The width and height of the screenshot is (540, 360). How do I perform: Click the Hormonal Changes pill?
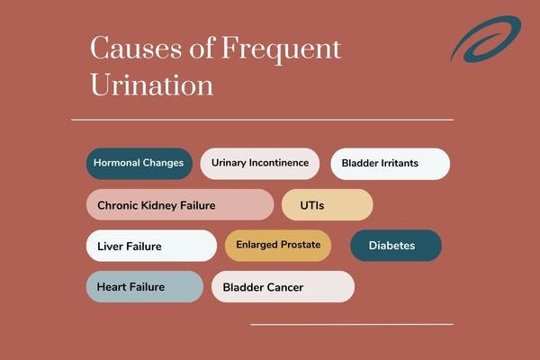point(139,163)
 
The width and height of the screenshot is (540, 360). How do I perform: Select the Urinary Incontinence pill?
point(260,163)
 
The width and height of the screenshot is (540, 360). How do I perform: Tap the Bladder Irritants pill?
point(391,164)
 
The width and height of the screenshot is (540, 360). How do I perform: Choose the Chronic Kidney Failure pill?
point(180,204)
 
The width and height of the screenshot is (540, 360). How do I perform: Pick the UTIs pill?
point(328,204)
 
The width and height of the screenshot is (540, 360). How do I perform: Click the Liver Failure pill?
point(151,246)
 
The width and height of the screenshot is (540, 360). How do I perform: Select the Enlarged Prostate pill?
point(278,246)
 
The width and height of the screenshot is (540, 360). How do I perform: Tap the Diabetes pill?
point(396,246)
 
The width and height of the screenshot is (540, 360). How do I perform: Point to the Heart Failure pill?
point(145,286)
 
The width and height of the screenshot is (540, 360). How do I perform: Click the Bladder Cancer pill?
point(283,286)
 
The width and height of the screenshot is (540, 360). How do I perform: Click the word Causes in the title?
point(136,49)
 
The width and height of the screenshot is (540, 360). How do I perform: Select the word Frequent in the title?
point(281,50)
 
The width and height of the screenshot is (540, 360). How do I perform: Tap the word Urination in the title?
point(152,85)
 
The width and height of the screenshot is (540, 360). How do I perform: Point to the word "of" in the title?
point(202,48)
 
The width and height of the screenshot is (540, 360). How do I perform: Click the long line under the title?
point(262,120)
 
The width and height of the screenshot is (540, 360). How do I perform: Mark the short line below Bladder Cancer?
point(352,324)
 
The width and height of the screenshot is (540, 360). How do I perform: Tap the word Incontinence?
point(279,163)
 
